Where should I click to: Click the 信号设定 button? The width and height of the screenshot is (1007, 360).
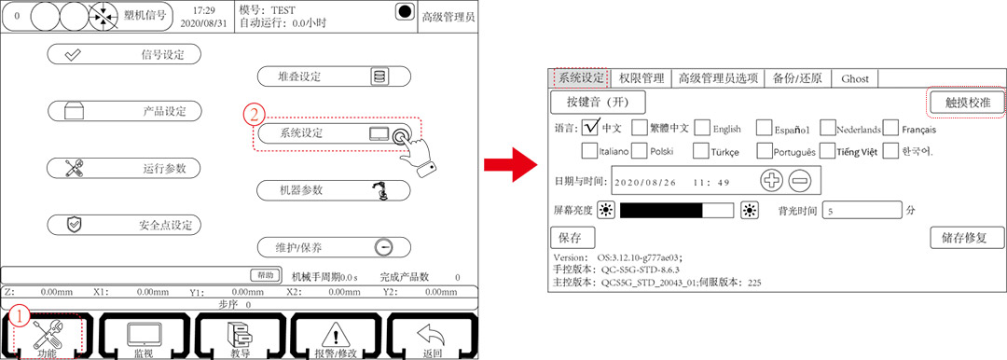(x=124, y=54)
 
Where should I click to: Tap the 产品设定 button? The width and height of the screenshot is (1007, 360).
(x=124, y=111)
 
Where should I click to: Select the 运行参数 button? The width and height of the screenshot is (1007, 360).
(x=124, y=168)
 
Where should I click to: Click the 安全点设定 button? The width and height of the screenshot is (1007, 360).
(x=124, y=225)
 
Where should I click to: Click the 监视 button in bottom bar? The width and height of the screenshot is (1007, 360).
(x=143, y=336)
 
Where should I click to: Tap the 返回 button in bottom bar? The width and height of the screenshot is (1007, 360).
(x=431, y=336)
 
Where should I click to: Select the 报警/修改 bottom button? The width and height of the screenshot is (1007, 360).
(x=335, y=336)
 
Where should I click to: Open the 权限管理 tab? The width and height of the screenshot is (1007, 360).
(x=641, y=78)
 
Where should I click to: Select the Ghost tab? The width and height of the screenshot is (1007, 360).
(x=854, y=78)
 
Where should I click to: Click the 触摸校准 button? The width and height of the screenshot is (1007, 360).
(x=966, y=102)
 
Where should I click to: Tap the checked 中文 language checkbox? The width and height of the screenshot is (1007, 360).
(x=589, y=128)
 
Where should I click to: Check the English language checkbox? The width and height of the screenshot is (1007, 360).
(x=702, y=128)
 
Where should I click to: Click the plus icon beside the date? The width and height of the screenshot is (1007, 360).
(x=773, y=181)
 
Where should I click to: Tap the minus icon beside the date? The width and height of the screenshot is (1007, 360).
(x=800, y=181)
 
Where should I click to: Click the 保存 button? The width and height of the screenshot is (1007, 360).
(x=570, y=237)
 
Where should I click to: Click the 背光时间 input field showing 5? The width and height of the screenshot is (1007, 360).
(x=861, y=210)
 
